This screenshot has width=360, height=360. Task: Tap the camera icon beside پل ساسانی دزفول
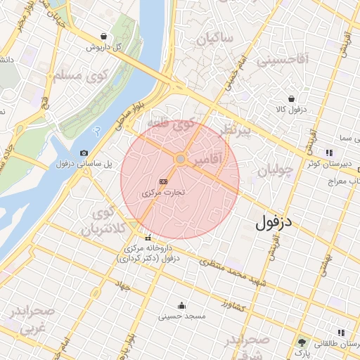84,153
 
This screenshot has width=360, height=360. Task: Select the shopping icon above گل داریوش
104,37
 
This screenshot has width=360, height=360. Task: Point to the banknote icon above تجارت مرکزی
163,181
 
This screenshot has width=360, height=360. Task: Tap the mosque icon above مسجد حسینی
182,305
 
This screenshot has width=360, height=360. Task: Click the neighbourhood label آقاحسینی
283,60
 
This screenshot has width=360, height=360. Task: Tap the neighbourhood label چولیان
274,171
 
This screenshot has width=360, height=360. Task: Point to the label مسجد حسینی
182,316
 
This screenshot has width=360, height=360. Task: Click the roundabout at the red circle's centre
180,160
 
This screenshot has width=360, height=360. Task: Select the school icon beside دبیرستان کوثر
328,153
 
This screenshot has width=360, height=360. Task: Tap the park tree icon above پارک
302,342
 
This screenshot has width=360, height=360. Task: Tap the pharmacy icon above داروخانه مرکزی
148,238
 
